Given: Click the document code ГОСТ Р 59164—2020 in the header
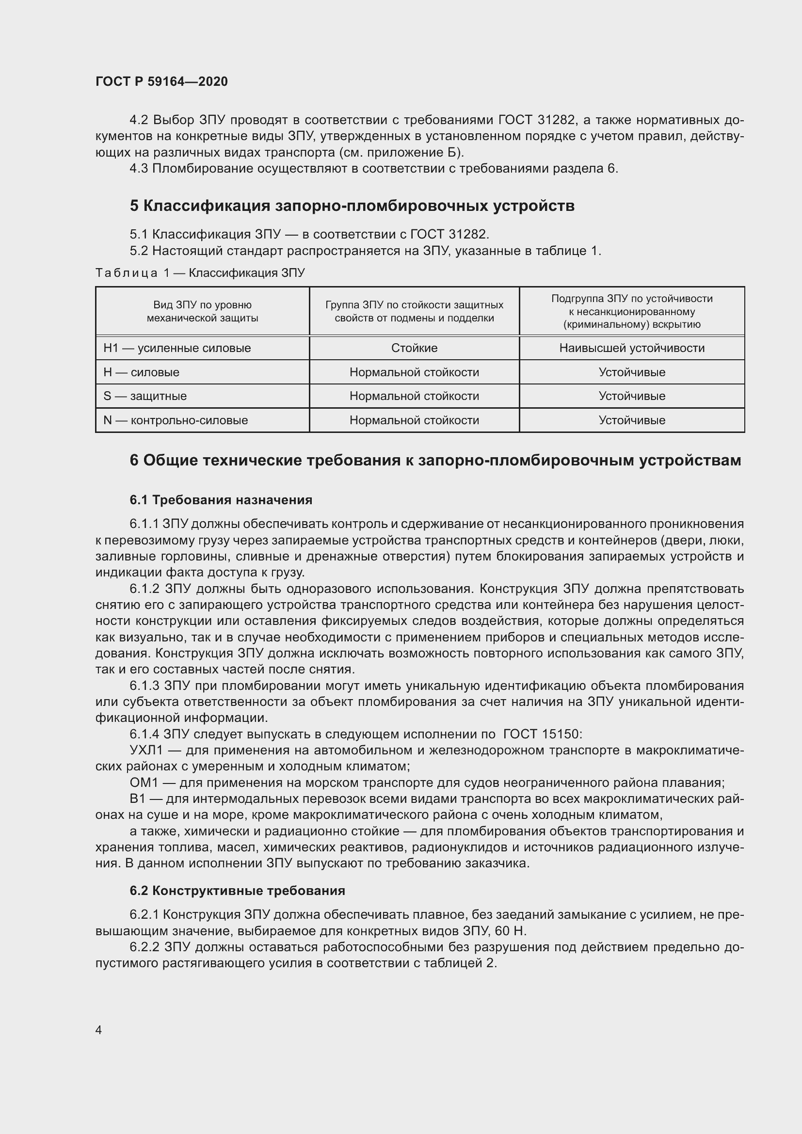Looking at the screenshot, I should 161,81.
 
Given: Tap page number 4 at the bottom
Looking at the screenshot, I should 99,1030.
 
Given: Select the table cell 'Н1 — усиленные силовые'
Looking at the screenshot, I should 177,348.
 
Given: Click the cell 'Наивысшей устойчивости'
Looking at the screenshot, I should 632,348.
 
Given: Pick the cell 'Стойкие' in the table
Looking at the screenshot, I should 414,348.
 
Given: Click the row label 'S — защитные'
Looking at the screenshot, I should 144,396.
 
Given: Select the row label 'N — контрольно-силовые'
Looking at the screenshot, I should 176,420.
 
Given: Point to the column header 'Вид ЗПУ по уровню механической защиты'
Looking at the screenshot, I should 202,312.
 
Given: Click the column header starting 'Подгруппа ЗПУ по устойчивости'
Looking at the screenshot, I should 632,312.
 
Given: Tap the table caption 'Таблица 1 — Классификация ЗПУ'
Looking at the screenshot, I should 200,272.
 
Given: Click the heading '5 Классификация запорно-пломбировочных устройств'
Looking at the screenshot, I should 352,206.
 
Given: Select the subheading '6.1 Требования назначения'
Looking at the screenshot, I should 221,500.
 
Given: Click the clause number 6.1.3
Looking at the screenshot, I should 144,686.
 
